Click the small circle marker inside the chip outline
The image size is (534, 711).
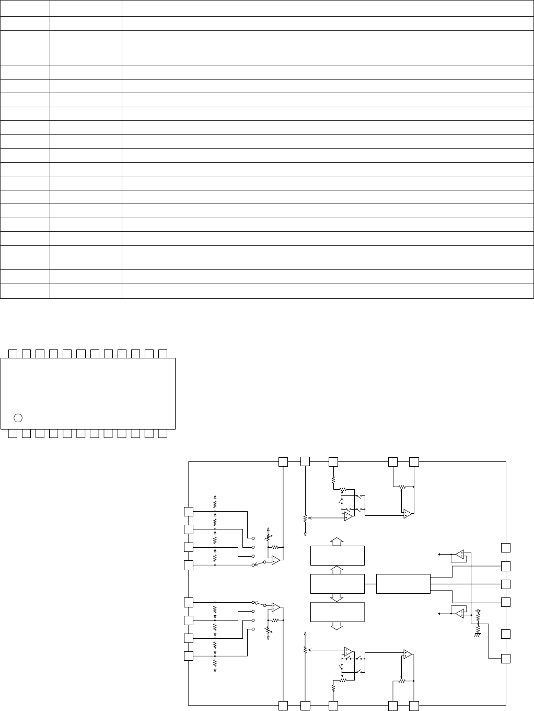pyautogui.click(x=18, y=417)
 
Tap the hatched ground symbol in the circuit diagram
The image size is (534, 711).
pyautogui.click(x=478, y=635)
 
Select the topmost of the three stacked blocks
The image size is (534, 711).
pyautogui.click(x=337, y=555)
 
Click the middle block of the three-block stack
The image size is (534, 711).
pyautogui.click(x=337, y=583)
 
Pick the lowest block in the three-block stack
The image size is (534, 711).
pyautogui.click(x=337, y=612)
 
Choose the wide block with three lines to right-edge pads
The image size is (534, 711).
pyautogui.click(x=403, y=583)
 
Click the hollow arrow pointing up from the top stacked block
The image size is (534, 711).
pyautogui.click(x=337, y=540)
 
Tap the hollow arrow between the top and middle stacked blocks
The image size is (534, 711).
pyautogui.click(x=337, y=569)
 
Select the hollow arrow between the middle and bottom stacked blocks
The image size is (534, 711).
pyautogui.click(x=337, y=597)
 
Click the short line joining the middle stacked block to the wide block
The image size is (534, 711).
pyautogui.click(x=370, y=583)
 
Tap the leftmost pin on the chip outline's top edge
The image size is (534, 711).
pyautogui.click(x=13, y=353)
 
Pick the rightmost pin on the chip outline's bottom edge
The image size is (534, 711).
pyautogui.click(x=162, y=433)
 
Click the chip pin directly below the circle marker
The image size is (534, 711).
pyautogui.click(x=13, y=433)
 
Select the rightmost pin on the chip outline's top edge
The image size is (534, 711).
pyautogui.click(x=162, y=353)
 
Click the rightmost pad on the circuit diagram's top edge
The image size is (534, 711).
pyautogui.click(x=414, y=461)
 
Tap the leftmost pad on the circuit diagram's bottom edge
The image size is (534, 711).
pyautogui.click(x=283, y=706)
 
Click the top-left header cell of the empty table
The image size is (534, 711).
pyautogui.click(x=25, y=8)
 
